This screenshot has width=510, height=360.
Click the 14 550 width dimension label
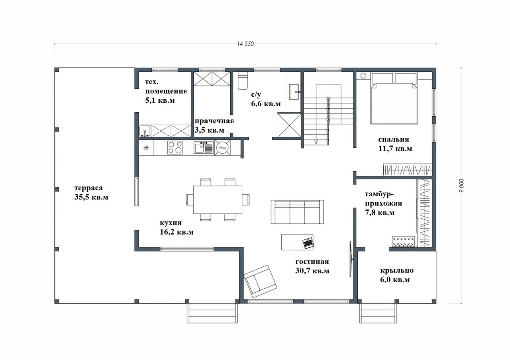[x=245, y=44]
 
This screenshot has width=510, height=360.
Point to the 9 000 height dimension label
[x=461, y=186]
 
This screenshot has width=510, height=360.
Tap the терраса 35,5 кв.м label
[x=91, y=192]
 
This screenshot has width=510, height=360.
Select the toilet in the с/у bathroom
[x=243, y=81]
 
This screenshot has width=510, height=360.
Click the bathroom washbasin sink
[x=294, y=92]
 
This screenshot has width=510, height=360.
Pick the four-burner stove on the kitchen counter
[x=175, y=148]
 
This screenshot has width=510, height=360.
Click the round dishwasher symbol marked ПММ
[x=222, y=148]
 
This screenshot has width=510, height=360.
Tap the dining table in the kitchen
[x=218, y=200]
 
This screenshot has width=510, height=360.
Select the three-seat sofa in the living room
[x=297, y=212]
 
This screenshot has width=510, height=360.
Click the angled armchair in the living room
[x=260, y=281]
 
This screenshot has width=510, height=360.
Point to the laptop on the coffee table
[x=308, y=243]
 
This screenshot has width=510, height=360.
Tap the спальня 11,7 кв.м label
[x=395, y=144]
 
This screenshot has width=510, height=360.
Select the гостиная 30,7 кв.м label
[x=312, y=266]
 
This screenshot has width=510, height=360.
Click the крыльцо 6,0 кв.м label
[x=396, y=275]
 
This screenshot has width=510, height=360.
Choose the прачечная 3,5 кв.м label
[x=214, y=125]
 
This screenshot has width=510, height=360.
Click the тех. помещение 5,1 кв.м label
[x=166, y=91]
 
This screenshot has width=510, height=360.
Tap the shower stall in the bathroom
[x=289, y=125]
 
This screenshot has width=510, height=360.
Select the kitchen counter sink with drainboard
[x=204, y=147]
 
